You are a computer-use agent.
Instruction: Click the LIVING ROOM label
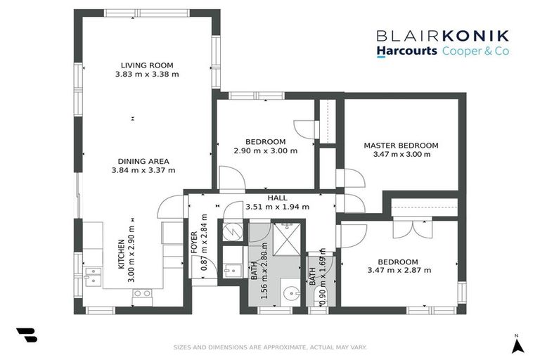click(147, 65)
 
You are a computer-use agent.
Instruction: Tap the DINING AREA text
click(143, 160)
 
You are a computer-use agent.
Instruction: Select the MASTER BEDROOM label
click(401, 146)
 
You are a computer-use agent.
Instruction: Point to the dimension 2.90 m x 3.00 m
click(265, 150)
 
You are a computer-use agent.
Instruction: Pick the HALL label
click(268, 198)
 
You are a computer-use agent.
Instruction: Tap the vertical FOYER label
click(195, 241)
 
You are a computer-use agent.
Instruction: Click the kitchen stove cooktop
click(142, 293)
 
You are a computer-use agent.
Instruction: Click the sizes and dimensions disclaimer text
click(270, 347)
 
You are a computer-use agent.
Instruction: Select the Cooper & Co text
click(475, 51)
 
